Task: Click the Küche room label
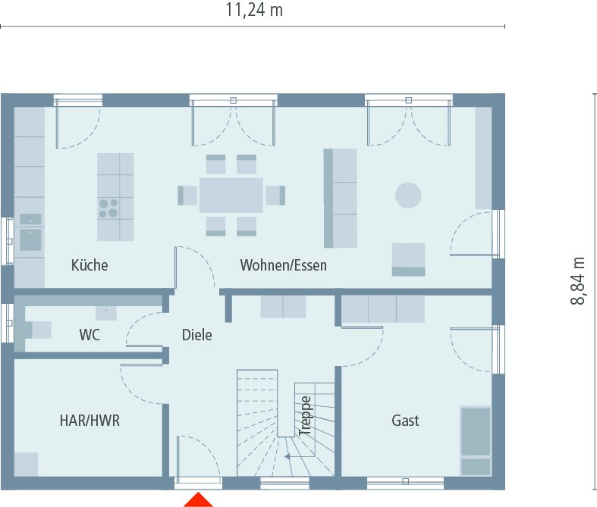tap(90, 265)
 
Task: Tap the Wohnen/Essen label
tap(283, 265)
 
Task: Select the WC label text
tap(90, 334)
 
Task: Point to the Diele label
tap(196, 334)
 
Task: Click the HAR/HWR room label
tap(90, 420)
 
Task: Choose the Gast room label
tap(405, 420)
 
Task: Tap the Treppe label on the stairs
tap(305, 415)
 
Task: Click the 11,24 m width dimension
tap(254, 11)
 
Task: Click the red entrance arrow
tap(198, 499)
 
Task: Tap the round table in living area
tap(407, 196)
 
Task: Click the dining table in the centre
tap(231, 196)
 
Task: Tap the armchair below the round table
tap(408, 259)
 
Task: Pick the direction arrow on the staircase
tap(288, 456)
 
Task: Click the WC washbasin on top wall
tap(106, 312)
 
